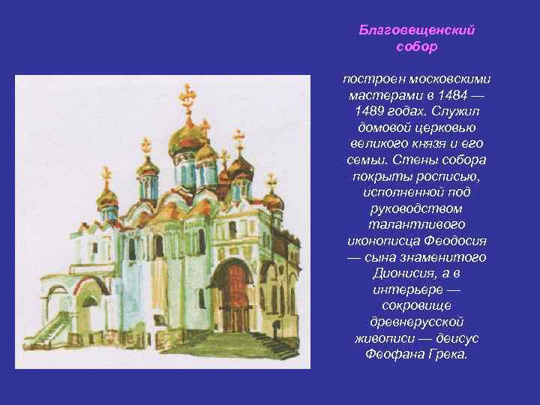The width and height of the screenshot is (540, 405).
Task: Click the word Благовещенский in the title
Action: click(x=416, y=31)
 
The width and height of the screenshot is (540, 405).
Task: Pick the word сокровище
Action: click(x=415, y=304)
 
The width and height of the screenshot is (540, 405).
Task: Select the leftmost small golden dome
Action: click(x=108, y=196)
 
